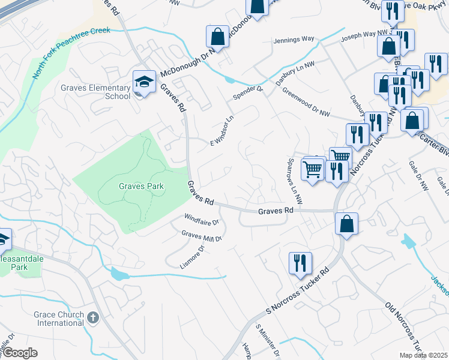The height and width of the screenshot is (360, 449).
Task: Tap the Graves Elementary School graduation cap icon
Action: point(144,82)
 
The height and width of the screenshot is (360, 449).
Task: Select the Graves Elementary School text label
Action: point(95,92)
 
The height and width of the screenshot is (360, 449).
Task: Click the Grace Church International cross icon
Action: point(92,317)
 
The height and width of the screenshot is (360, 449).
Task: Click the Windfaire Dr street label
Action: point(202,218)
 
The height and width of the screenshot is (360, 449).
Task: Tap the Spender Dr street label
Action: point(248,97)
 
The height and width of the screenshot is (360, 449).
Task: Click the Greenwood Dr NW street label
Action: point(306,103)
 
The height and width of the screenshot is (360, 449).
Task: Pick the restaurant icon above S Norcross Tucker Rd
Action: point(299,262)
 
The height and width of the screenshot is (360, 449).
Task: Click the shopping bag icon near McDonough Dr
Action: point(217,36)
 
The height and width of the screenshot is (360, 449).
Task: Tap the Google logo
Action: point(19,353)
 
